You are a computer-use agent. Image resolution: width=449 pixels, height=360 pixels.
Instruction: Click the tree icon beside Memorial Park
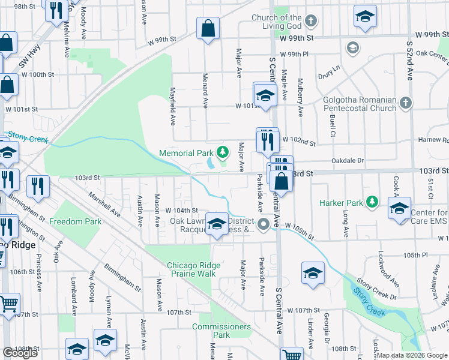click(223, 152)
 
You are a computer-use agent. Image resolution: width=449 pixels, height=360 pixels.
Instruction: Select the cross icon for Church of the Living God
click(310, 22)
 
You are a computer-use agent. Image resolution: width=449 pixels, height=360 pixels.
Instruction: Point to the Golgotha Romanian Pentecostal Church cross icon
click(406, 103)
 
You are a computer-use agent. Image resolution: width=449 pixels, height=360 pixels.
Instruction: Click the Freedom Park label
click(76, 221)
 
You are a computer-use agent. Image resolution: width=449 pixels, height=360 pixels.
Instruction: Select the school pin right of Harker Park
click(399, 208)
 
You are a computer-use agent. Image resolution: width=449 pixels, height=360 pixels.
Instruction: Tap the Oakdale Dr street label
click(349, 161)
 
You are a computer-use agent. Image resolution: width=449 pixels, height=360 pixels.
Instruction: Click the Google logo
click(20, 352)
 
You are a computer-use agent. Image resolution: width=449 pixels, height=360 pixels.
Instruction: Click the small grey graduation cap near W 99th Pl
click(352, 47)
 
